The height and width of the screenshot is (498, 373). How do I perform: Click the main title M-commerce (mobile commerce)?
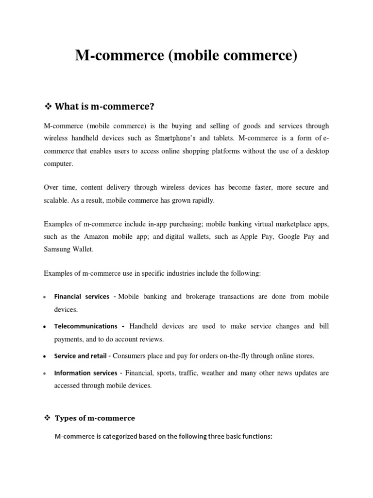186,56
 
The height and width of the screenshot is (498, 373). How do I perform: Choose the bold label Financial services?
82,297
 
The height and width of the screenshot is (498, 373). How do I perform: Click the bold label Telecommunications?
86,326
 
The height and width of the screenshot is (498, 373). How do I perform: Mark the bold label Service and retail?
80,356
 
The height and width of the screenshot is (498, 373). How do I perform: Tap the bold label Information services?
86,373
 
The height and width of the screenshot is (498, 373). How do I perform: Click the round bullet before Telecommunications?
45,327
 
